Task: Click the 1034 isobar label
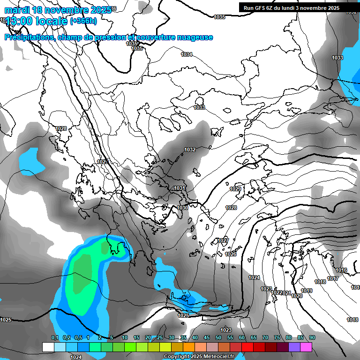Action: [187, 54]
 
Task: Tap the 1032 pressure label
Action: [190, 150]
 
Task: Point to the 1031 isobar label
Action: [180, 188]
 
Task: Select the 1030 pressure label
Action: [183, 208]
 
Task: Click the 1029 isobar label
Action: [235, 189]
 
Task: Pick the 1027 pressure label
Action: [223, 240]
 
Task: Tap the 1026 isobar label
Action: [231, 254]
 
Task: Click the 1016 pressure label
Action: [341, 270]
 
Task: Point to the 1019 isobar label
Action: [307, 291]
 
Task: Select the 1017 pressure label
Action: [333, 279]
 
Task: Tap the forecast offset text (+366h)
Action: [83, 21]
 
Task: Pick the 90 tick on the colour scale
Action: [312, 338]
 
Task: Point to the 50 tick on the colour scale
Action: [218, 338]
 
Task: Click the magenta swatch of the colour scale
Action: [306, 347]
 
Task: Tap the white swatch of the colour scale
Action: [48, 347]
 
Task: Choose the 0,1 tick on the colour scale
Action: [54, 338]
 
